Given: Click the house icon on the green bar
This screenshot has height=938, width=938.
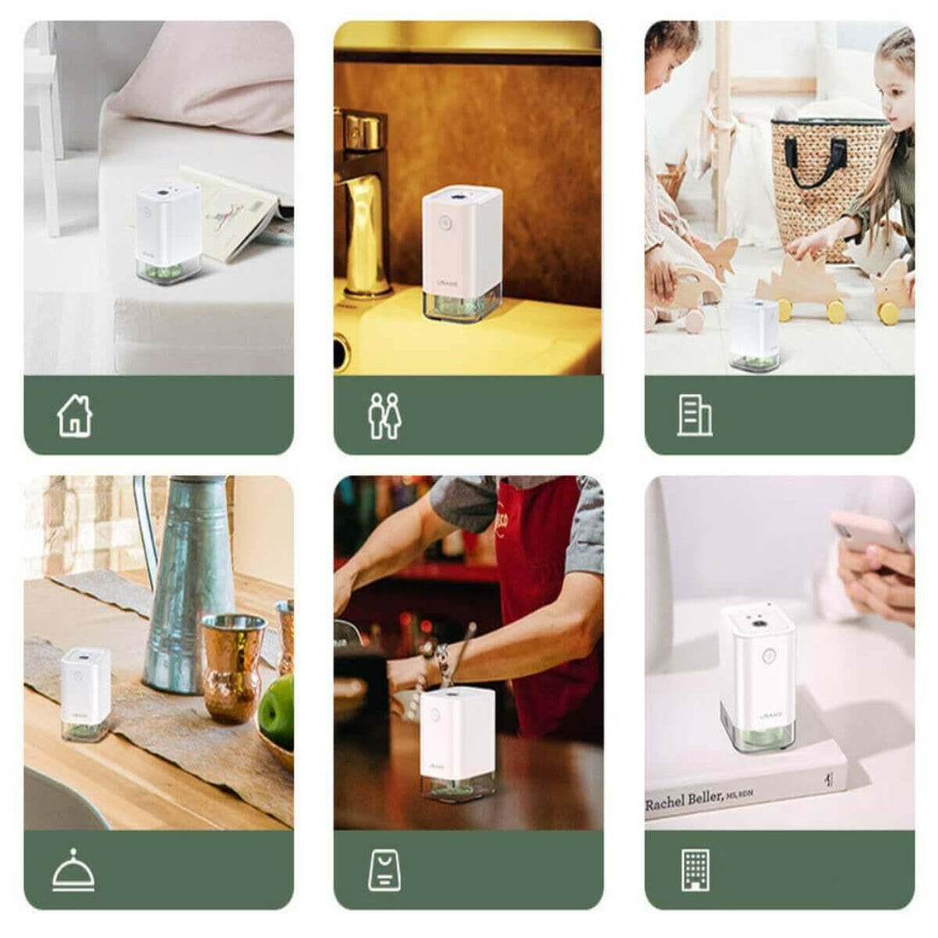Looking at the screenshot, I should click(x=74, y=416).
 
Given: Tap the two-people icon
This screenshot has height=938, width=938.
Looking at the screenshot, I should click(x=384, y=416).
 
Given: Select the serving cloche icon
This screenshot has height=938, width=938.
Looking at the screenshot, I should click(x=73, y=871).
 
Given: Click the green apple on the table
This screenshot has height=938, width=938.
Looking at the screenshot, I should click(x=277, y=710).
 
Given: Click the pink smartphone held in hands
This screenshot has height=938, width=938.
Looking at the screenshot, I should click(x=867, y=533).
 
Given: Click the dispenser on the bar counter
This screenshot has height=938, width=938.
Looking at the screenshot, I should click(x=458, y=743).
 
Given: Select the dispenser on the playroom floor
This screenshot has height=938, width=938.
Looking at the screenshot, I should click(x=755, y=334).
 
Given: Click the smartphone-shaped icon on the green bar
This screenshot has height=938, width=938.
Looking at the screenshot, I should click(x=385, y=871).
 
